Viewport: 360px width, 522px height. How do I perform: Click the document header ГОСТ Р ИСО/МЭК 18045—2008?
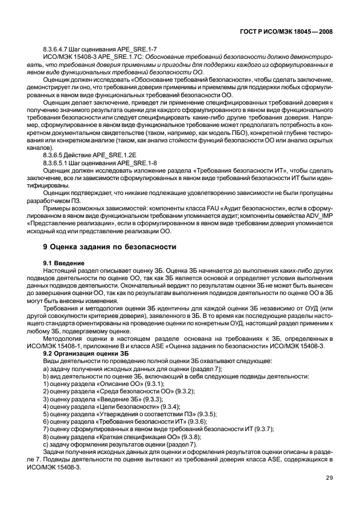(285, 32)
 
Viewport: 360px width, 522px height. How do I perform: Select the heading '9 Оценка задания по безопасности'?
(110, 246)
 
